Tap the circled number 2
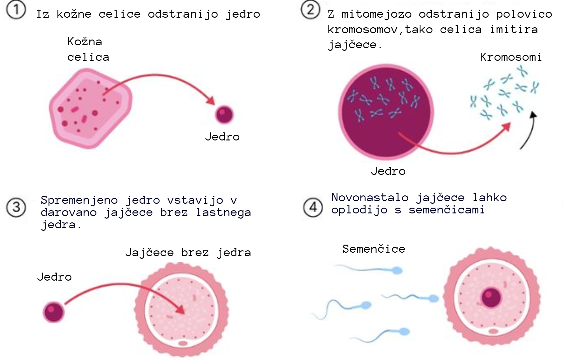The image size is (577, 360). (x=310, y=10)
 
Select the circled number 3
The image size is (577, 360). (x=16, y=207)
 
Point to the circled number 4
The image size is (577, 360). (x=313, y=207)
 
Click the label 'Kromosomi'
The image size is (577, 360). (x=511, y=57)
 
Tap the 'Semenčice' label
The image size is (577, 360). (x=373, y=249)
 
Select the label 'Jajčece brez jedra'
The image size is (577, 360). (x=188, y=253)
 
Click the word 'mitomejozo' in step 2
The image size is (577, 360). (x=376, y=14)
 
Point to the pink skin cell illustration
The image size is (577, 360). (x=90, y=108)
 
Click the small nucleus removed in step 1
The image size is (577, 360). (x=224, y=115)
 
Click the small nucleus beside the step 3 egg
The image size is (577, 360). (x=54, y=312)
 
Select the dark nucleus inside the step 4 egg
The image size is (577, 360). (x=491, y=297)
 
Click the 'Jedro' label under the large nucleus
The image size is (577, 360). (x=388, y=171)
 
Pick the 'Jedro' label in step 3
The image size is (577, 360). (x=54, y=277)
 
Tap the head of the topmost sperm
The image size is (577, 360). (x=398, y=271)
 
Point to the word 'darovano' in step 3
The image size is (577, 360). (x=69, y=212)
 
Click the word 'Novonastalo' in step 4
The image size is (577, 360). (x=370, y=197)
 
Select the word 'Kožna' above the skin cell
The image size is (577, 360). (x=85, y=42)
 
